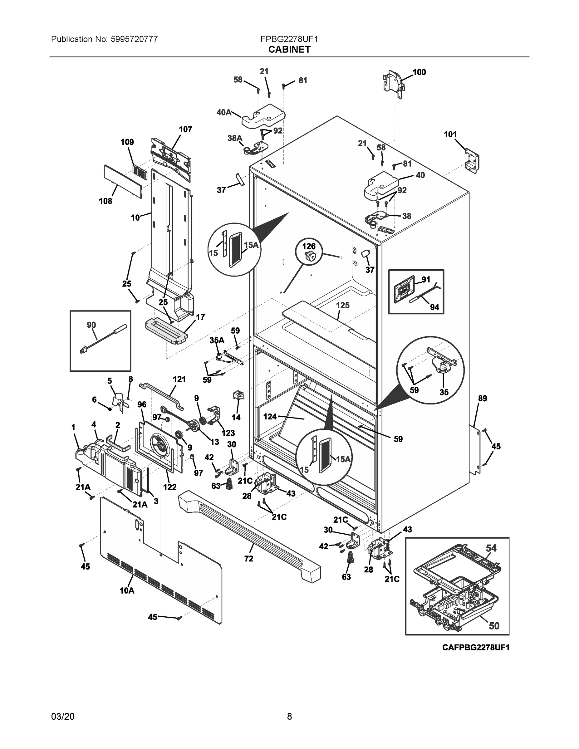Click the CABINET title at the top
click(289, 50)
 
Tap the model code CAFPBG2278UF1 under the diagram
click(475, 648)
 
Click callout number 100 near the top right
click(419, 72)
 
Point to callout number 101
click(450, 135)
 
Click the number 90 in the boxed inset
click(91, 325)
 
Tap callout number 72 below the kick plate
click(249, 559)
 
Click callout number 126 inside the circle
click(308, 246)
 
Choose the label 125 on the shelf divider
click(342, 305)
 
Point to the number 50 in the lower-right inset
click(493, 626)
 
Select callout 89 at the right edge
click(482, 399)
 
